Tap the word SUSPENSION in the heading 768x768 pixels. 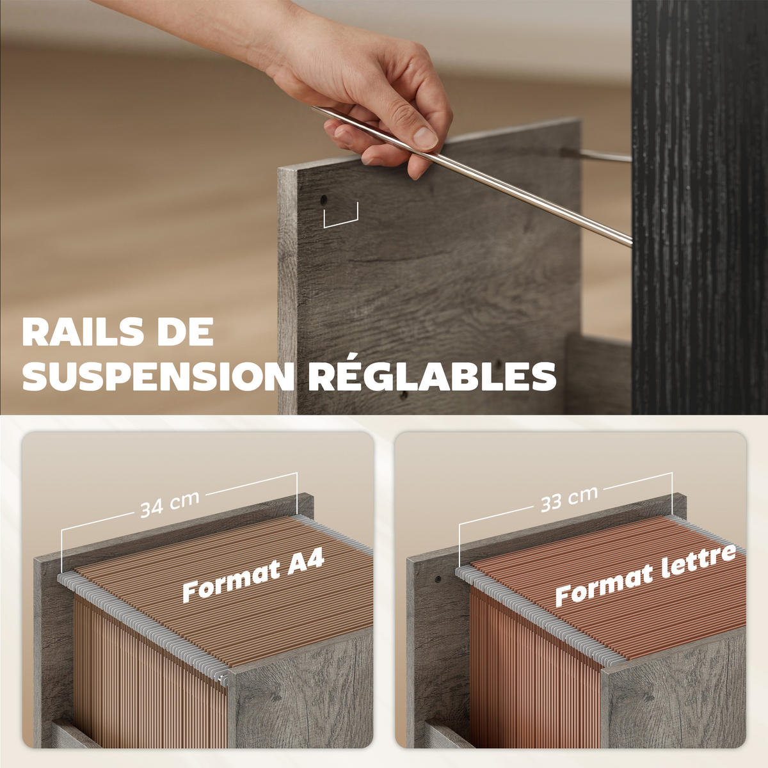click(x=158, y=376)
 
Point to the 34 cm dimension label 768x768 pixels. click(x=170, y=504)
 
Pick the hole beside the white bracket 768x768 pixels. click(x=324, y=200)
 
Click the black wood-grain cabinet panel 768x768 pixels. click(x=700, y=207)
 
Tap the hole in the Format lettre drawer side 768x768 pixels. click(x=438, y=579)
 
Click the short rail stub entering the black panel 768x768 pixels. click(x=596, y=155)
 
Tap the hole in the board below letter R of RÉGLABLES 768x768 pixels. click(x=404, y=395)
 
